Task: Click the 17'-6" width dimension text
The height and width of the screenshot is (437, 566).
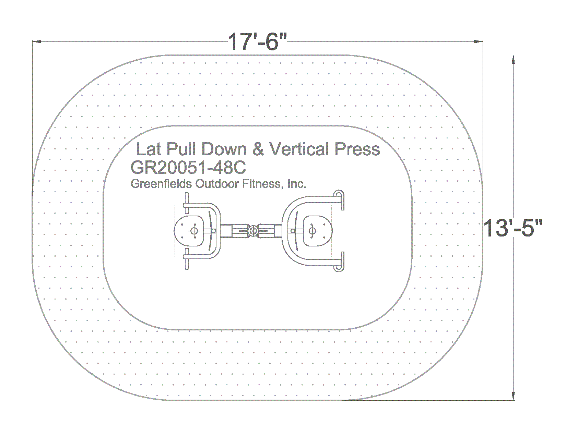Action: [257, 42]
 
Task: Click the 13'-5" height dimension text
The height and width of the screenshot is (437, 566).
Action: [512, 228]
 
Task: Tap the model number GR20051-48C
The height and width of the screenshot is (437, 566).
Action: [188, 168]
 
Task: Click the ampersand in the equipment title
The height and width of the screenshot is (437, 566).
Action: [258, 149]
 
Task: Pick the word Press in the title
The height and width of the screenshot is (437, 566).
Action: [357, 149]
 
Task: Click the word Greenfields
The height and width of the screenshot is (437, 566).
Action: [161, 184]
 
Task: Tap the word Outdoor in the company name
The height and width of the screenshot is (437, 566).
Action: [217, 184]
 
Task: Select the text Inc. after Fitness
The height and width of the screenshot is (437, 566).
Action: [297, 184]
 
